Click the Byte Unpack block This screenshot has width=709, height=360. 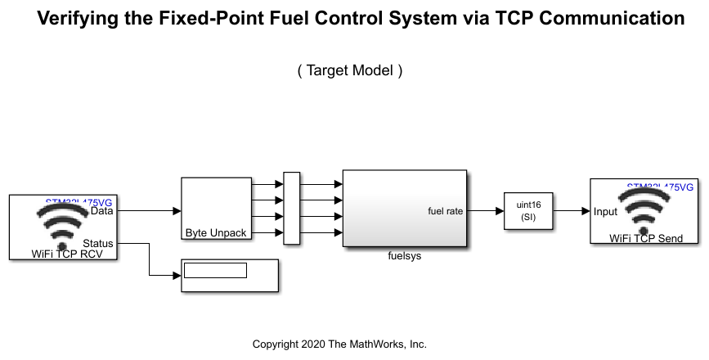pos(216,209)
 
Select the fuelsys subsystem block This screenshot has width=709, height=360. pos(404,209)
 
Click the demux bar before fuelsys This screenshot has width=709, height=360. pos(291,209)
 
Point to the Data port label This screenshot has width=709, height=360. pos(102,211)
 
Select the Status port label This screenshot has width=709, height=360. pos(98,243)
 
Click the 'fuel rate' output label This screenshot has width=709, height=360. pos(445,211)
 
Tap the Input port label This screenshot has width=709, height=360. pos(606,211)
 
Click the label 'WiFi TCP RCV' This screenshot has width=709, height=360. pos(62,254)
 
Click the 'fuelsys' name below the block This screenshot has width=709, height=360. pos(404,255)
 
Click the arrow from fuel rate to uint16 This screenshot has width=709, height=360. pos(485,211)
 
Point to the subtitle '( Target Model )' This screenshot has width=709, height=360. pos(350,70)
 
